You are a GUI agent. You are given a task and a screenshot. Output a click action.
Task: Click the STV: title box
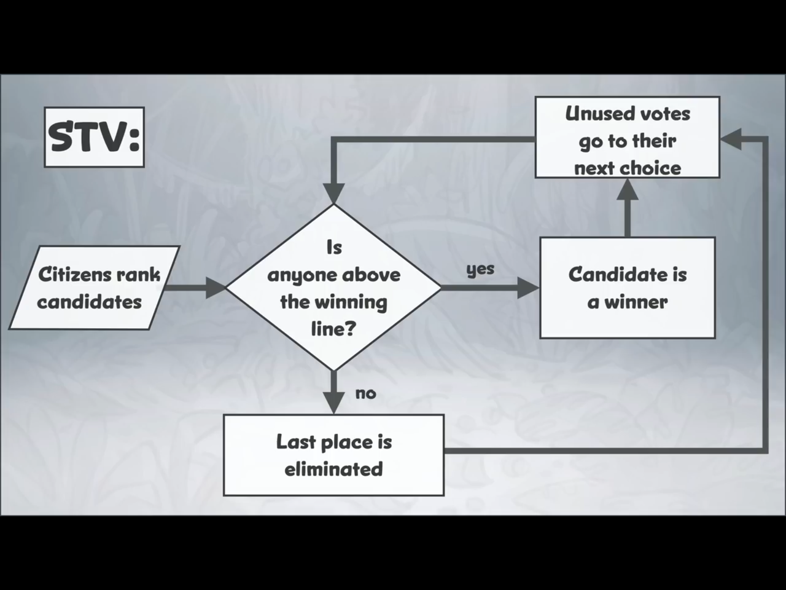coord(94,137)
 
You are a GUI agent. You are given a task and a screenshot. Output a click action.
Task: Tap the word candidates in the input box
coord(89,302)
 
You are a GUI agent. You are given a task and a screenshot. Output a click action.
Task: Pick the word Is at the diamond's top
coord(333,247)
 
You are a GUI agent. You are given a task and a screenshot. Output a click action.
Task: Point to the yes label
coord(480,269)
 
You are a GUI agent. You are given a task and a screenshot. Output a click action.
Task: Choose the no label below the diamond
coord(365,393)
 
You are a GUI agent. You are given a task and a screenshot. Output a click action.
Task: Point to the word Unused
coord(593,114)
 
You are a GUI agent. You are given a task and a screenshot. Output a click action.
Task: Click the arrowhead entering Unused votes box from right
coord(731,139)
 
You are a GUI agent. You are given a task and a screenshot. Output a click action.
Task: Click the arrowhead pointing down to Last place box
coord(333,403)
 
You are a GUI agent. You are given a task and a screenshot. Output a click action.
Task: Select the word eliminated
coord(333,469)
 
